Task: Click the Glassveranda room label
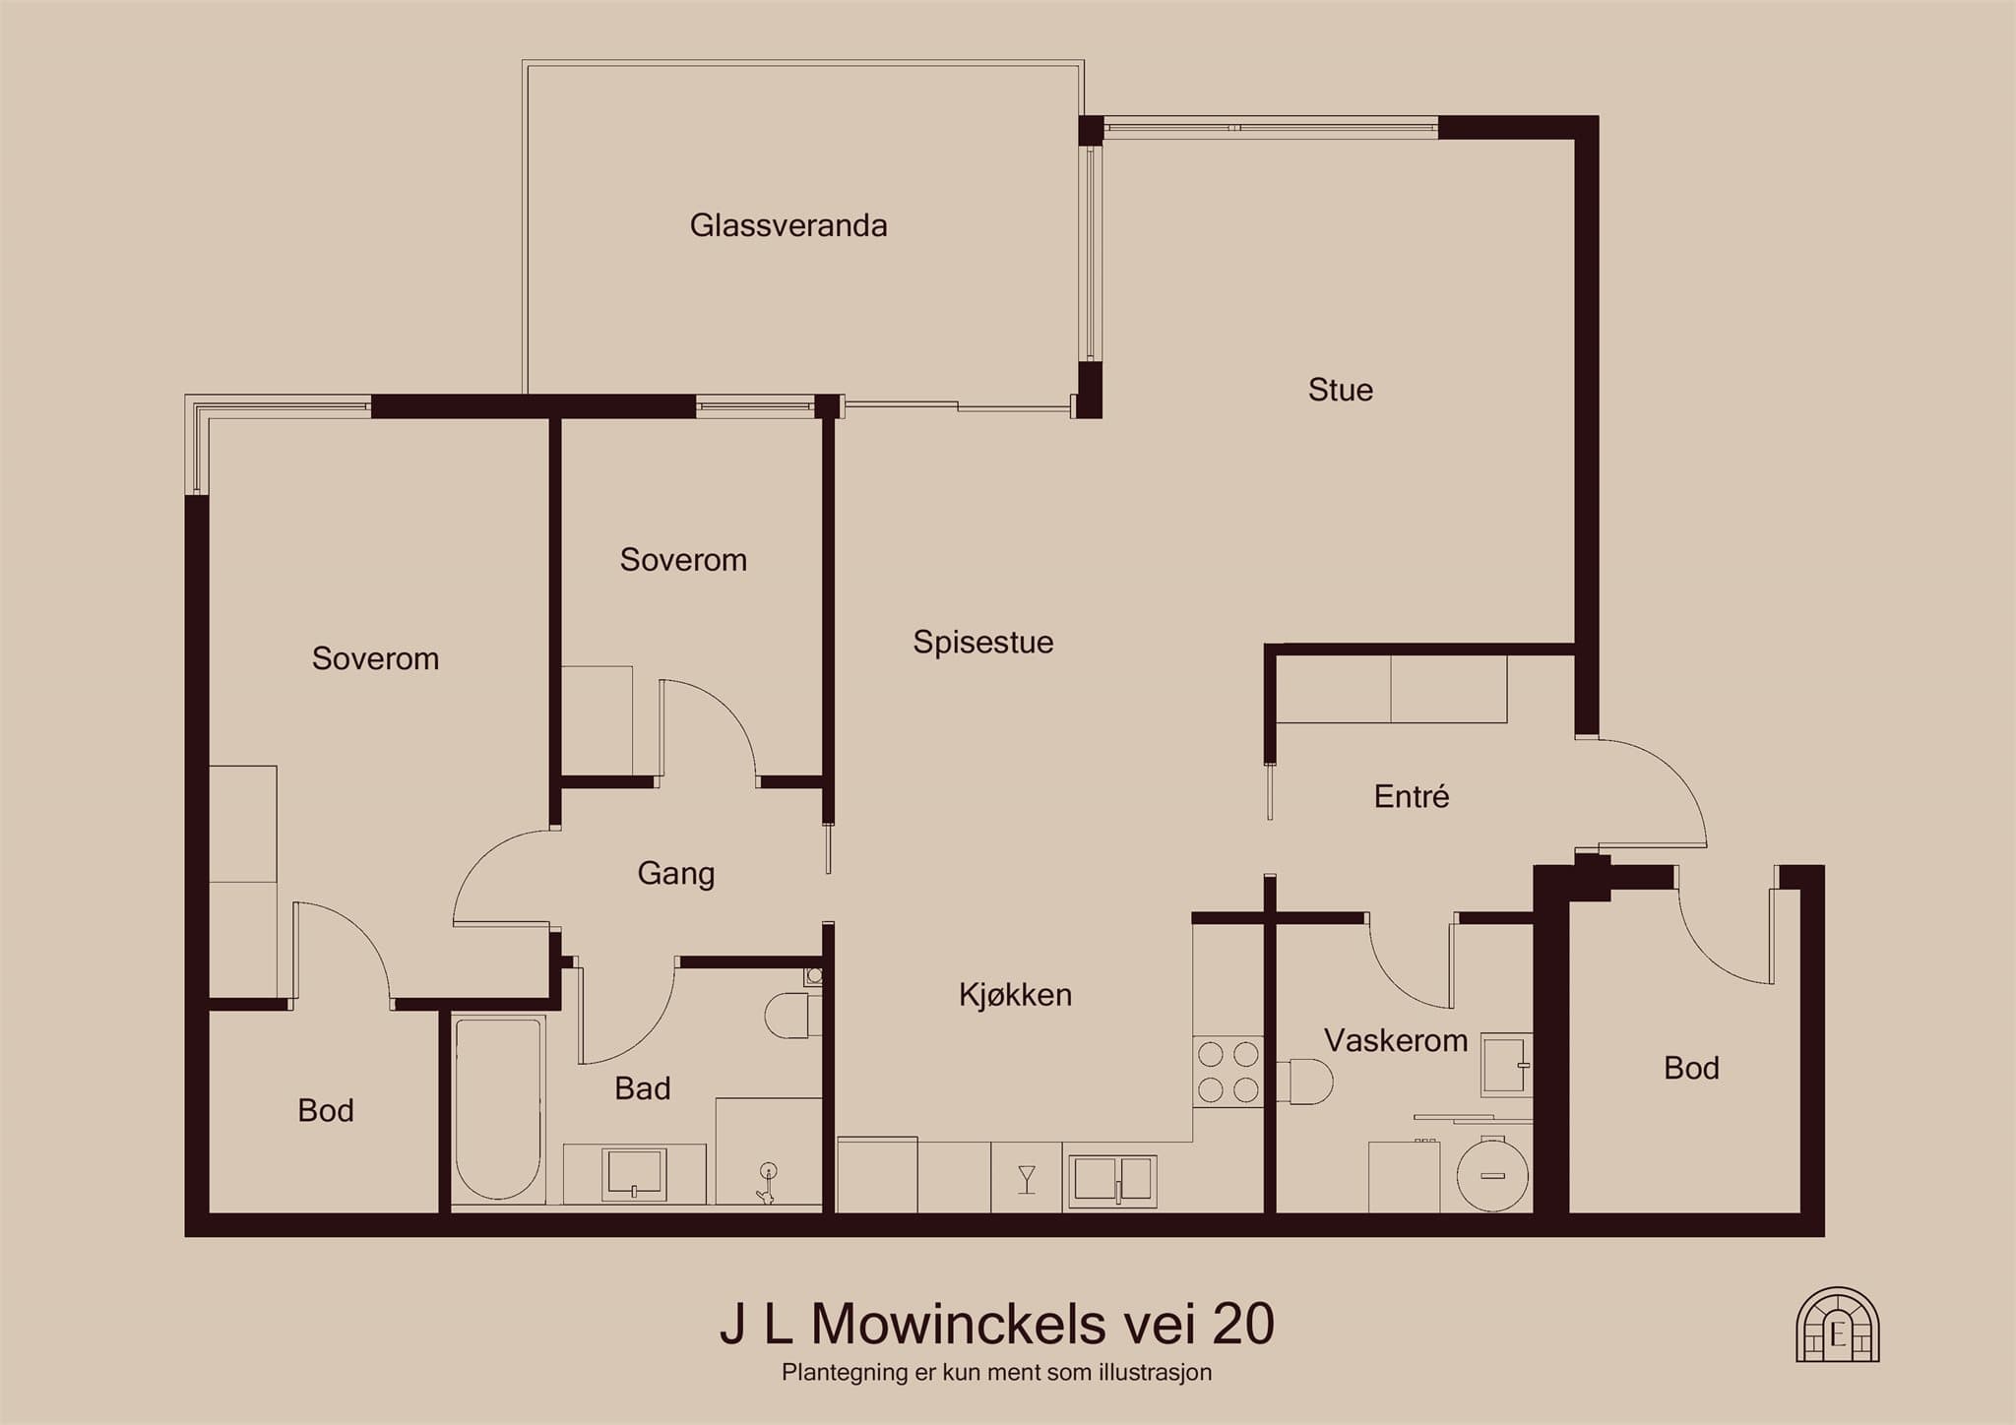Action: pyautogui.click(x=788, y=226)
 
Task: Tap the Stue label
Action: pyautogui.click(x=1341, y=390)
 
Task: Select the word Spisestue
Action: pyautogui.click(x=983, y=643)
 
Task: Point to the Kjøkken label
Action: pyautogui.click(x=1015, y=995)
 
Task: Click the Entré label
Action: pyautogui.click(x=1412, y=796)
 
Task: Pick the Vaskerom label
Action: pyautogui.click(x=1396, y=1040)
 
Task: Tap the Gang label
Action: pyautogui.click(x=675, y=874)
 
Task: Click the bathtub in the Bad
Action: pyautogui.click(x=498, y=1107)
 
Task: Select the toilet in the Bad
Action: pyautogui.click(x=793, y=1015)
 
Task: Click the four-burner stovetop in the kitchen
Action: pyautogui.click(x=1228, y=1072)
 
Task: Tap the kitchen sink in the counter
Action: pyautogui.click(x=1112, y=1179)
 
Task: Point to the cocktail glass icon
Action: pyautogui.click(x=1027, y=1179)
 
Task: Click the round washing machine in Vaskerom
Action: pyautogui.click(x=1492, y=1173)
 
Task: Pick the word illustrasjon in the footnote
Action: pyautogui.click(x=1156, y=1372)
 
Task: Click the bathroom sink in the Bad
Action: pyautogui.click(x=635, y=1175)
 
